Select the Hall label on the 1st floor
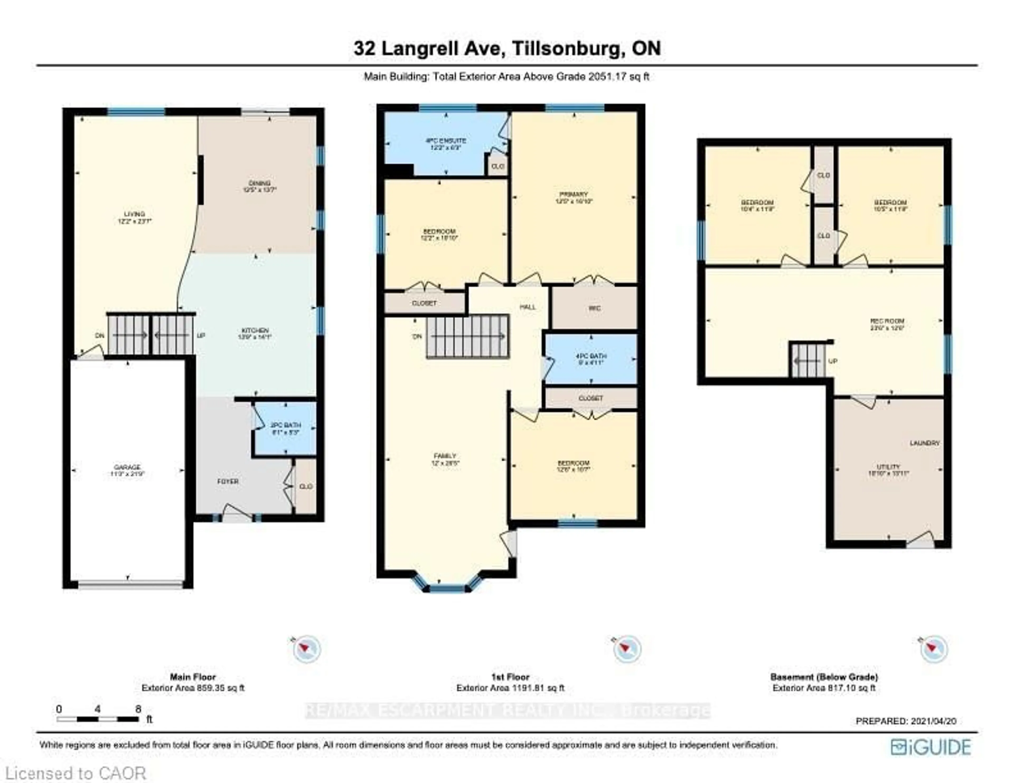[527, 307]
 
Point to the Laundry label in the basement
[924, 443]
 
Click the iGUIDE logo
[931, 747]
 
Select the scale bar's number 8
[138, 709]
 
